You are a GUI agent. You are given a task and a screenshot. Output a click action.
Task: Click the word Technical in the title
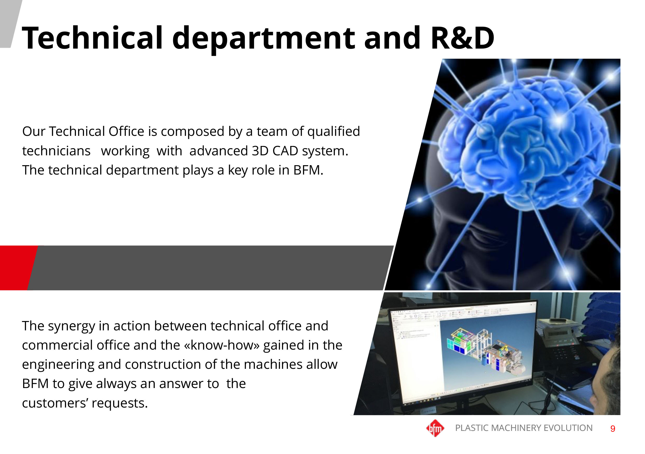click(92, 38)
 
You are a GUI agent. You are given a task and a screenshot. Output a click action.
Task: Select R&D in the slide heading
click(462, 38)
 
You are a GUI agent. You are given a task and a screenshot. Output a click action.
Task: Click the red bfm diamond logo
click(435, 428)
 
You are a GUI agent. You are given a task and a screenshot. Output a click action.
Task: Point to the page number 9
click(613, 429)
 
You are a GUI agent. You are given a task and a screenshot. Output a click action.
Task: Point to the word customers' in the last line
click(55, 403)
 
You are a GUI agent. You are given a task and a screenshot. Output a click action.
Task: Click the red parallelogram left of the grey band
click(18, 268)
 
